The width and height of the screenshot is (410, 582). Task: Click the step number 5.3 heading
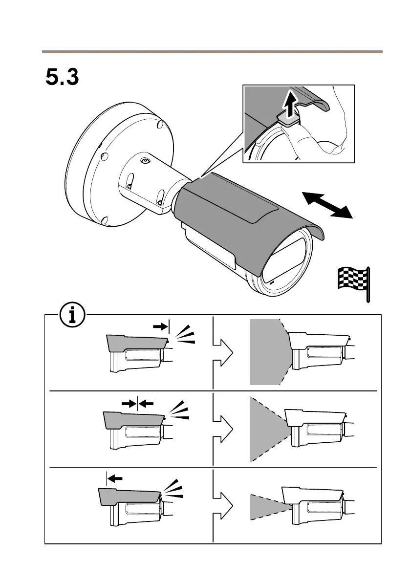point(62,77)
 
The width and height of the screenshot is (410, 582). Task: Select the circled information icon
point(72,316)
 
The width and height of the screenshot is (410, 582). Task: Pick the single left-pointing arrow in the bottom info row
point(115,478)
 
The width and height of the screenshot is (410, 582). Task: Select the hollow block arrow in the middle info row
point(222,430)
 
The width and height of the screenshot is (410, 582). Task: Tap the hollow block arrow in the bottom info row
point(222,505)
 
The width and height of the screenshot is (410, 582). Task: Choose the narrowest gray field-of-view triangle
point(266,507)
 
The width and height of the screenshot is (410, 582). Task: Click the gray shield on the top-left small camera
point(137,343)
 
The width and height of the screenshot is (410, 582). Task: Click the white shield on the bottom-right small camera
point(313,494)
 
